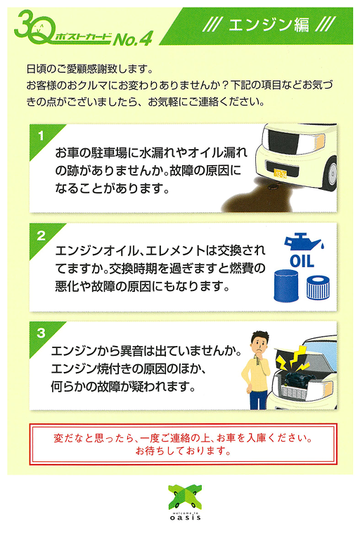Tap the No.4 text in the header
click(133, 39)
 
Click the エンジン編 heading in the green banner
click(269, 25)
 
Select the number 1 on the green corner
click(41, 136)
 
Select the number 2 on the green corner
click(41, 236)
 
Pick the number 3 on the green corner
click(41, 333)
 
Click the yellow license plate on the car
click(280, 174)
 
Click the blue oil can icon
click(303, 243)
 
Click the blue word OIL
click(302, 262)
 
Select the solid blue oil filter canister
click(286, 285)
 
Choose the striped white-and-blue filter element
click(318, 288)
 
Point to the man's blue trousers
click(258, 399)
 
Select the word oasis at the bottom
click(185, 518)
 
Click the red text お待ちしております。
click(184, 451)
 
